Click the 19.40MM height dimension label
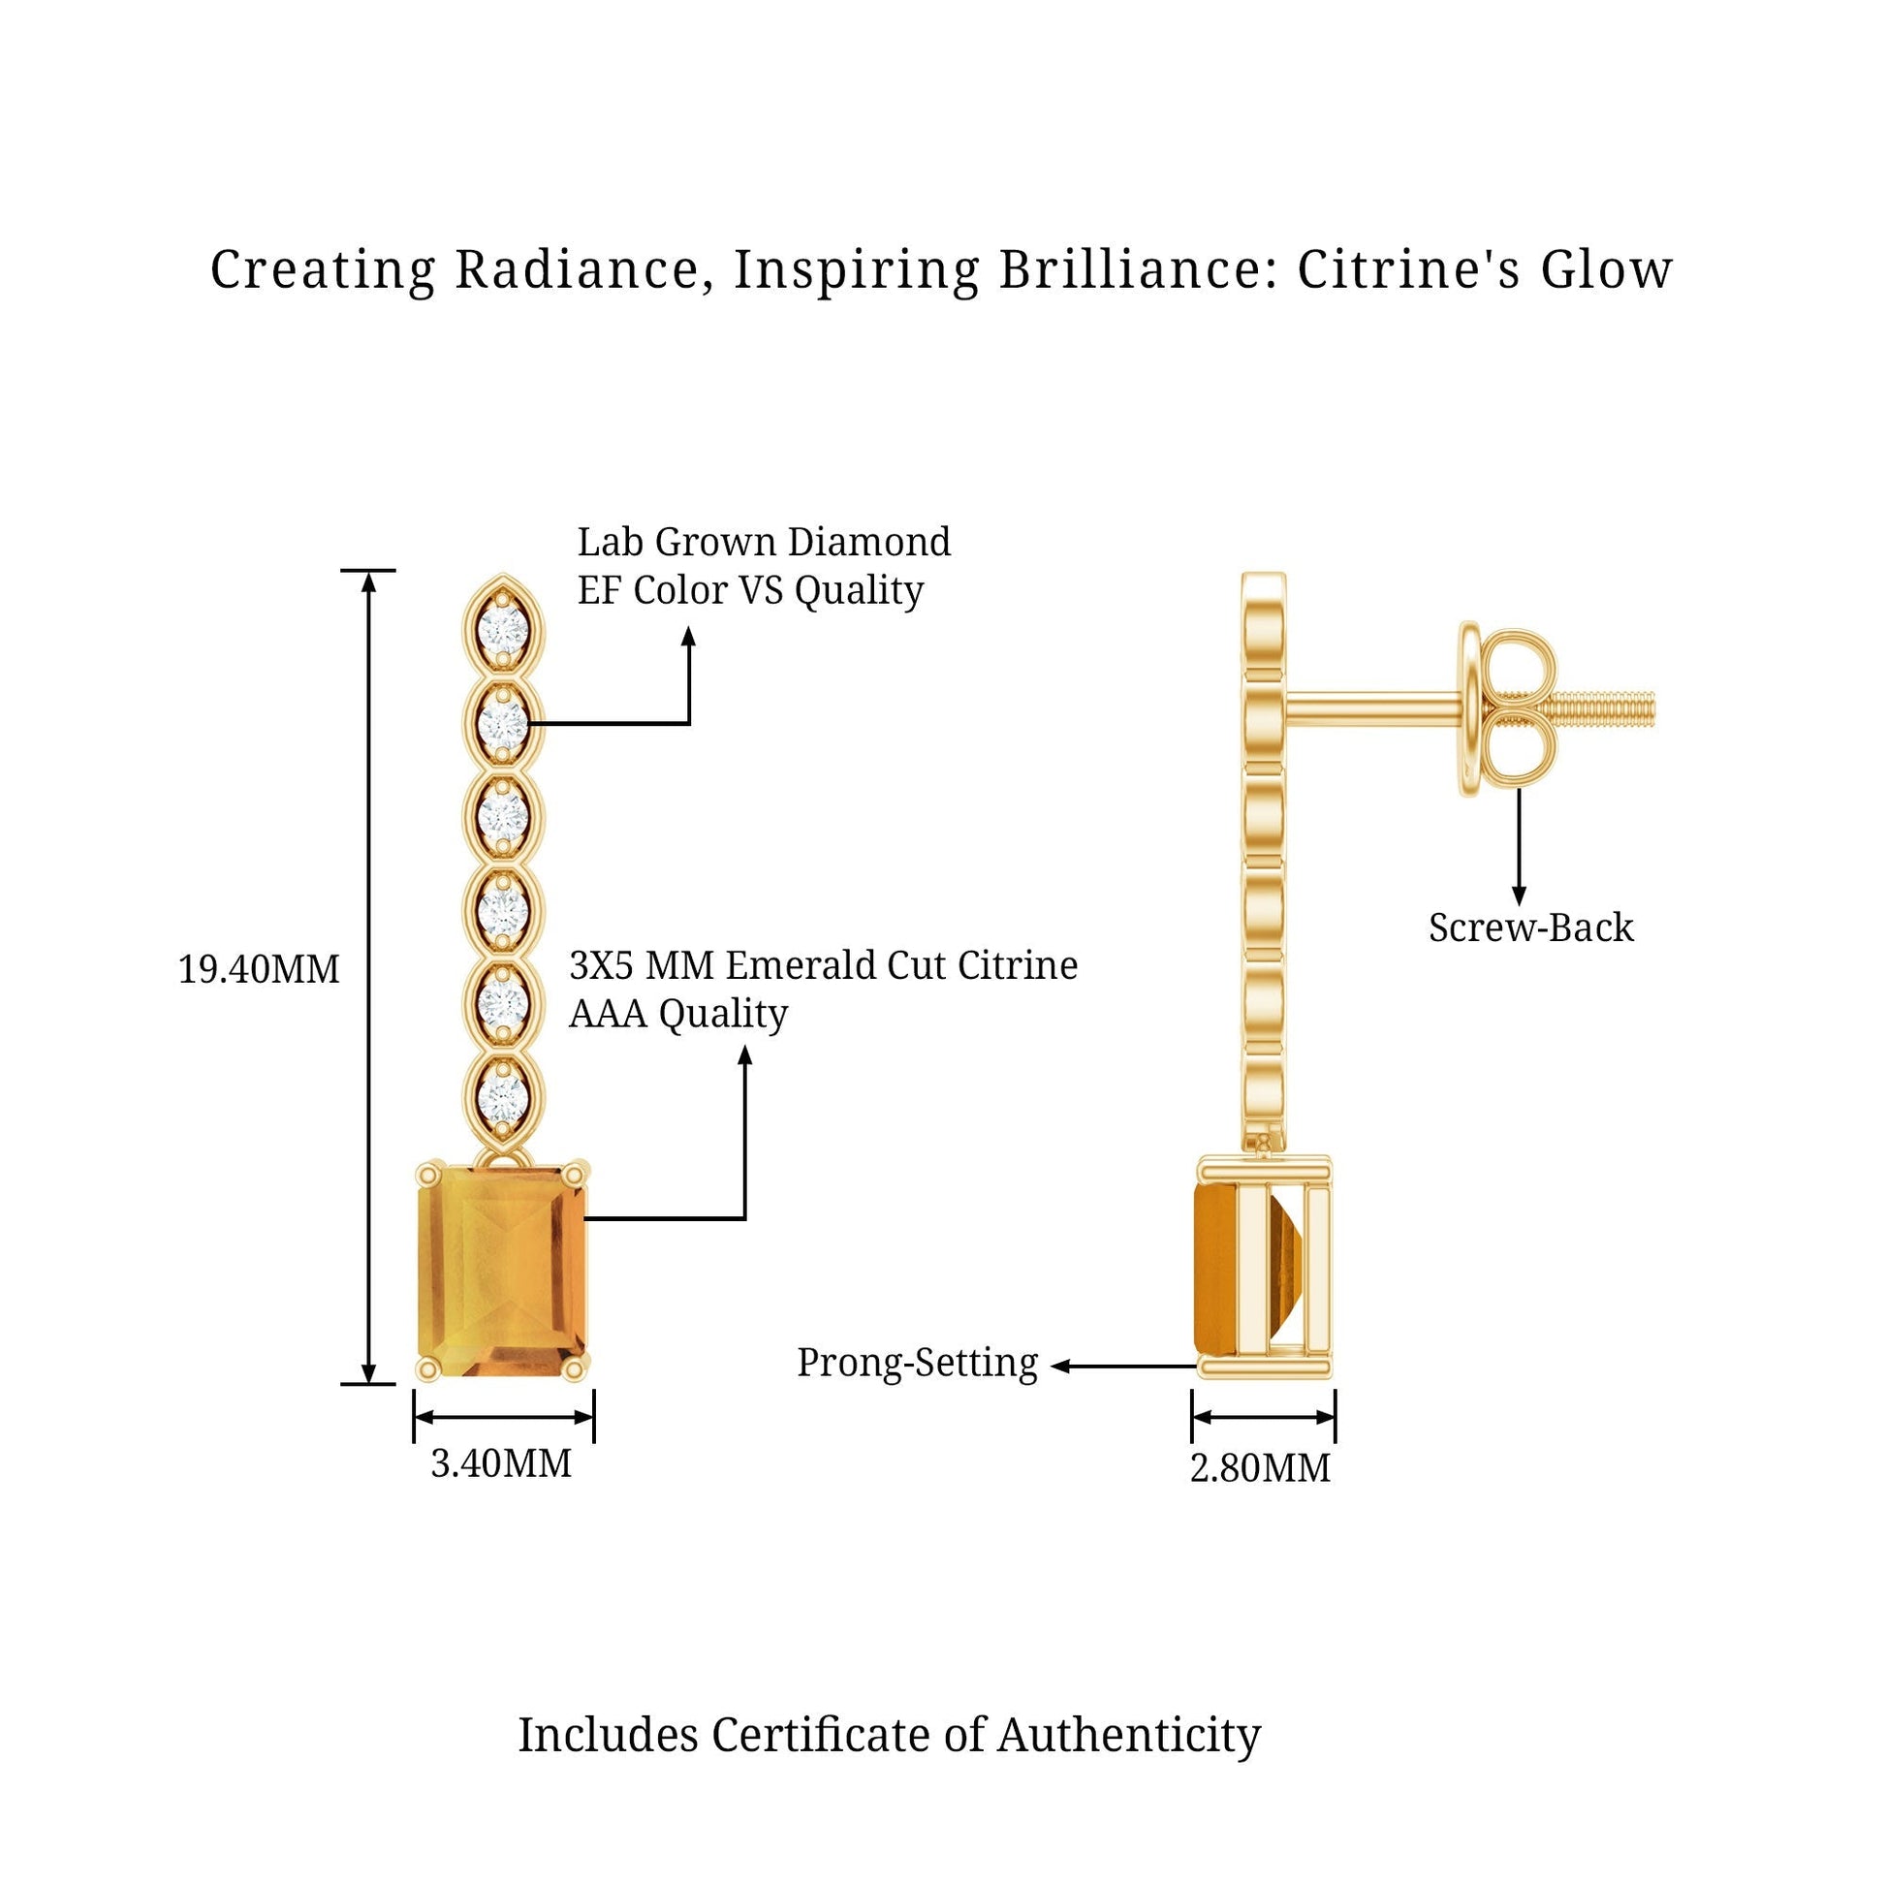[259, 969]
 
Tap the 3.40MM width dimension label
[501, 1463]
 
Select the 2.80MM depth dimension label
[1259, 1467]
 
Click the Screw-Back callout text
[1530, 927]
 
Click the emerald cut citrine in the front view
[504, 1271]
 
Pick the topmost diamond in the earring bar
[503, 624]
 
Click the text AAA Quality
[677, 1014]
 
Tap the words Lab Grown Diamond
[764, 542]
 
